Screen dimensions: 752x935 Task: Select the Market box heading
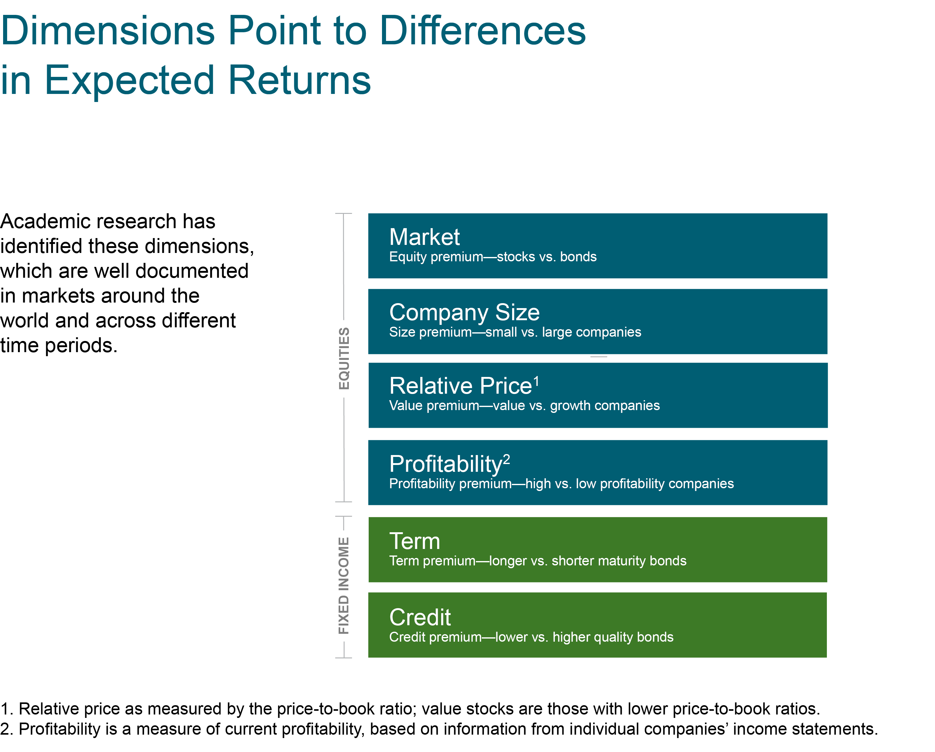(424, 237)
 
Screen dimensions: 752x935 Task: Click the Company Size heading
(464, 312)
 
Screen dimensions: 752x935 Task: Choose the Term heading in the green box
(415, 541)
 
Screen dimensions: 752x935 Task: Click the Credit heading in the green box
(420, 617)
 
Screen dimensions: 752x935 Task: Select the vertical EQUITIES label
(344, 358)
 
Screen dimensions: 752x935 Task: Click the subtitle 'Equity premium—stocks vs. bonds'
(493, 257)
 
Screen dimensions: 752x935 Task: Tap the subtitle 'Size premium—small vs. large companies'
(515, 332)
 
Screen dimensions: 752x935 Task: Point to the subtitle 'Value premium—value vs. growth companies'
(524, 406)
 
